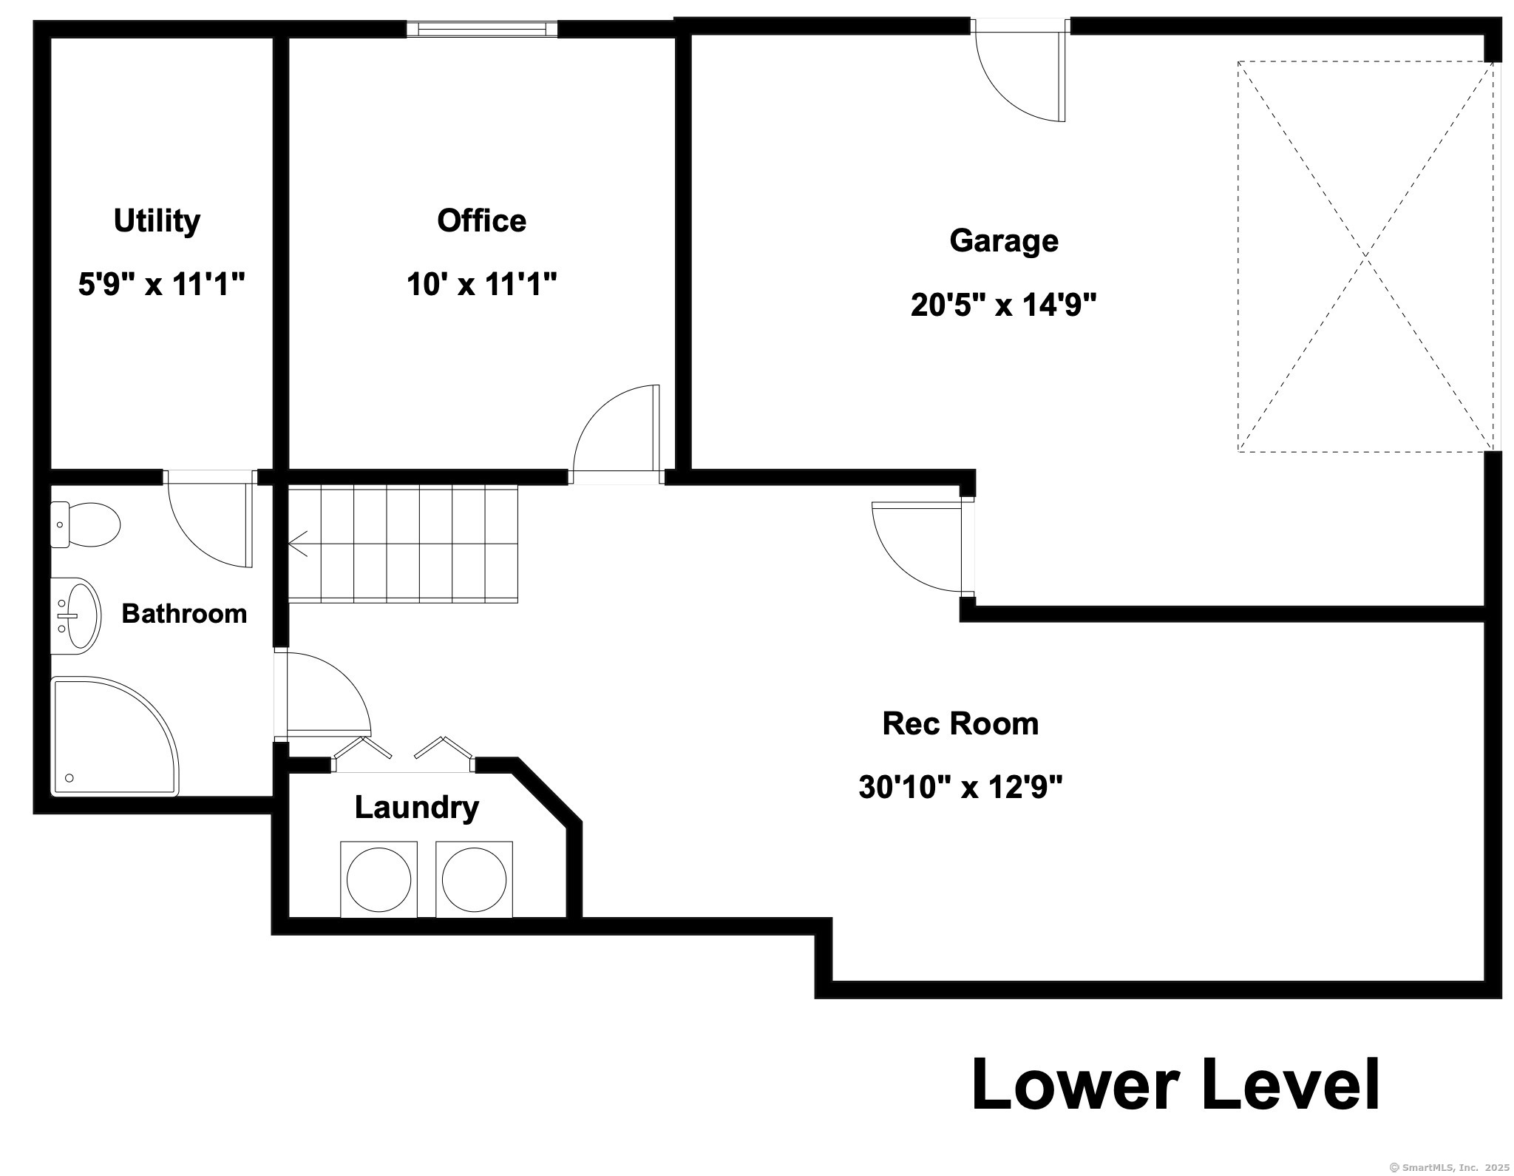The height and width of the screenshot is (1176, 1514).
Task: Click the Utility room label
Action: tap(157, 221)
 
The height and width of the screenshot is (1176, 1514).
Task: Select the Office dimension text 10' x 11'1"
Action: tap(481, 284)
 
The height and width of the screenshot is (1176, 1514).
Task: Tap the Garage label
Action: tap(1003, 241)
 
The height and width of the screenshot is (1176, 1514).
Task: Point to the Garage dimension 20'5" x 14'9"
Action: tap(1003, 305)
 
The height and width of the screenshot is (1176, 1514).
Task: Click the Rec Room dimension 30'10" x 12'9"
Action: tap(960, 787)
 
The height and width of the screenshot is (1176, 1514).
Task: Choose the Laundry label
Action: tap(416, 808)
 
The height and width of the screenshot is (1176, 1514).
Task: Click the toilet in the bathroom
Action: tap(85, 524)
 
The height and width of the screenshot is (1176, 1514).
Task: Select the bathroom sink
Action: tap(75, 616)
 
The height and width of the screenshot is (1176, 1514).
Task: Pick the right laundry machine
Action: tap(474, 879)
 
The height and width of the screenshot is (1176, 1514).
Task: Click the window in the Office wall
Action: tap(481, 29)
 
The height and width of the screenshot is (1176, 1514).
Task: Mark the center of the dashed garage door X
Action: tap(1365, 256)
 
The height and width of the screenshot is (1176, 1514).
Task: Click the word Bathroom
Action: tap(184, 614)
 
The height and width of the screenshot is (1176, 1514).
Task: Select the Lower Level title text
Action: tap(1175, 1085)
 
